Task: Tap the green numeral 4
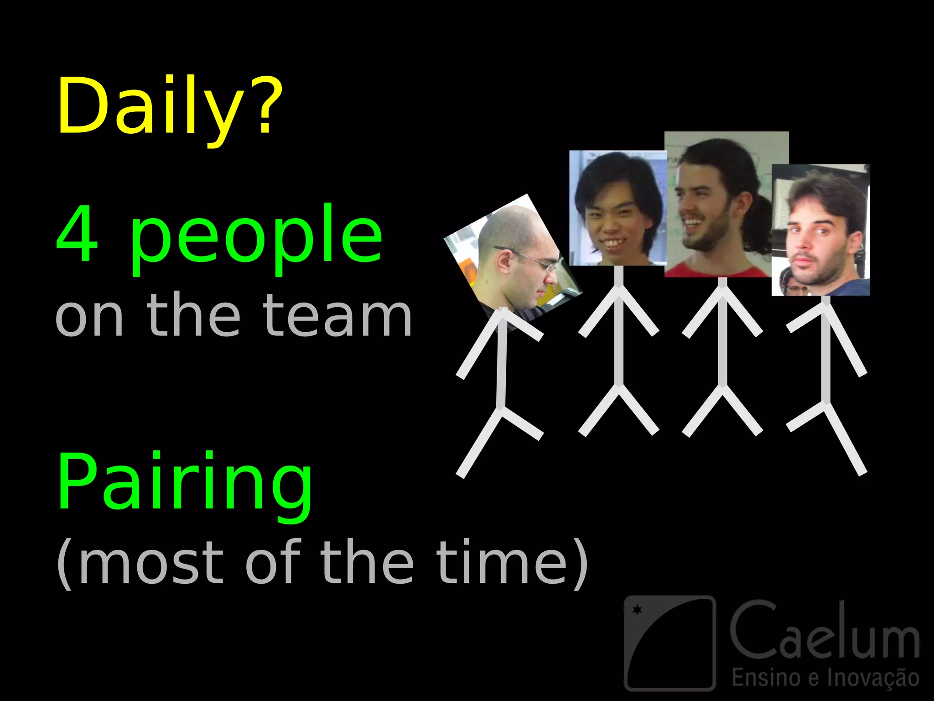77,234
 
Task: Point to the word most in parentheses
150,562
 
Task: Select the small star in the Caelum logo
637,610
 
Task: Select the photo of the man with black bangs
617,208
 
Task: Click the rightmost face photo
820,230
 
